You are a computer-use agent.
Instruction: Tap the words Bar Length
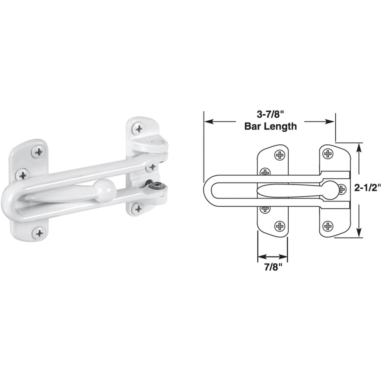pyautogui.click(x=270, y=126)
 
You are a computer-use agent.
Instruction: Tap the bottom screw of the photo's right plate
pyautogui.click(x=137, y=208)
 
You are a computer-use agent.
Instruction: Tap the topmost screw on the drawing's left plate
pyautogui.click(x=280, y=155)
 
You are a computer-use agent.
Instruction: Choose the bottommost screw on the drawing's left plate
pyautogui.click(x=280, y=226)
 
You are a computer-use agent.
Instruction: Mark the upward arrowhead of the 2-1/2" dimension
pyautogui.click(x=359, y=147)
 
